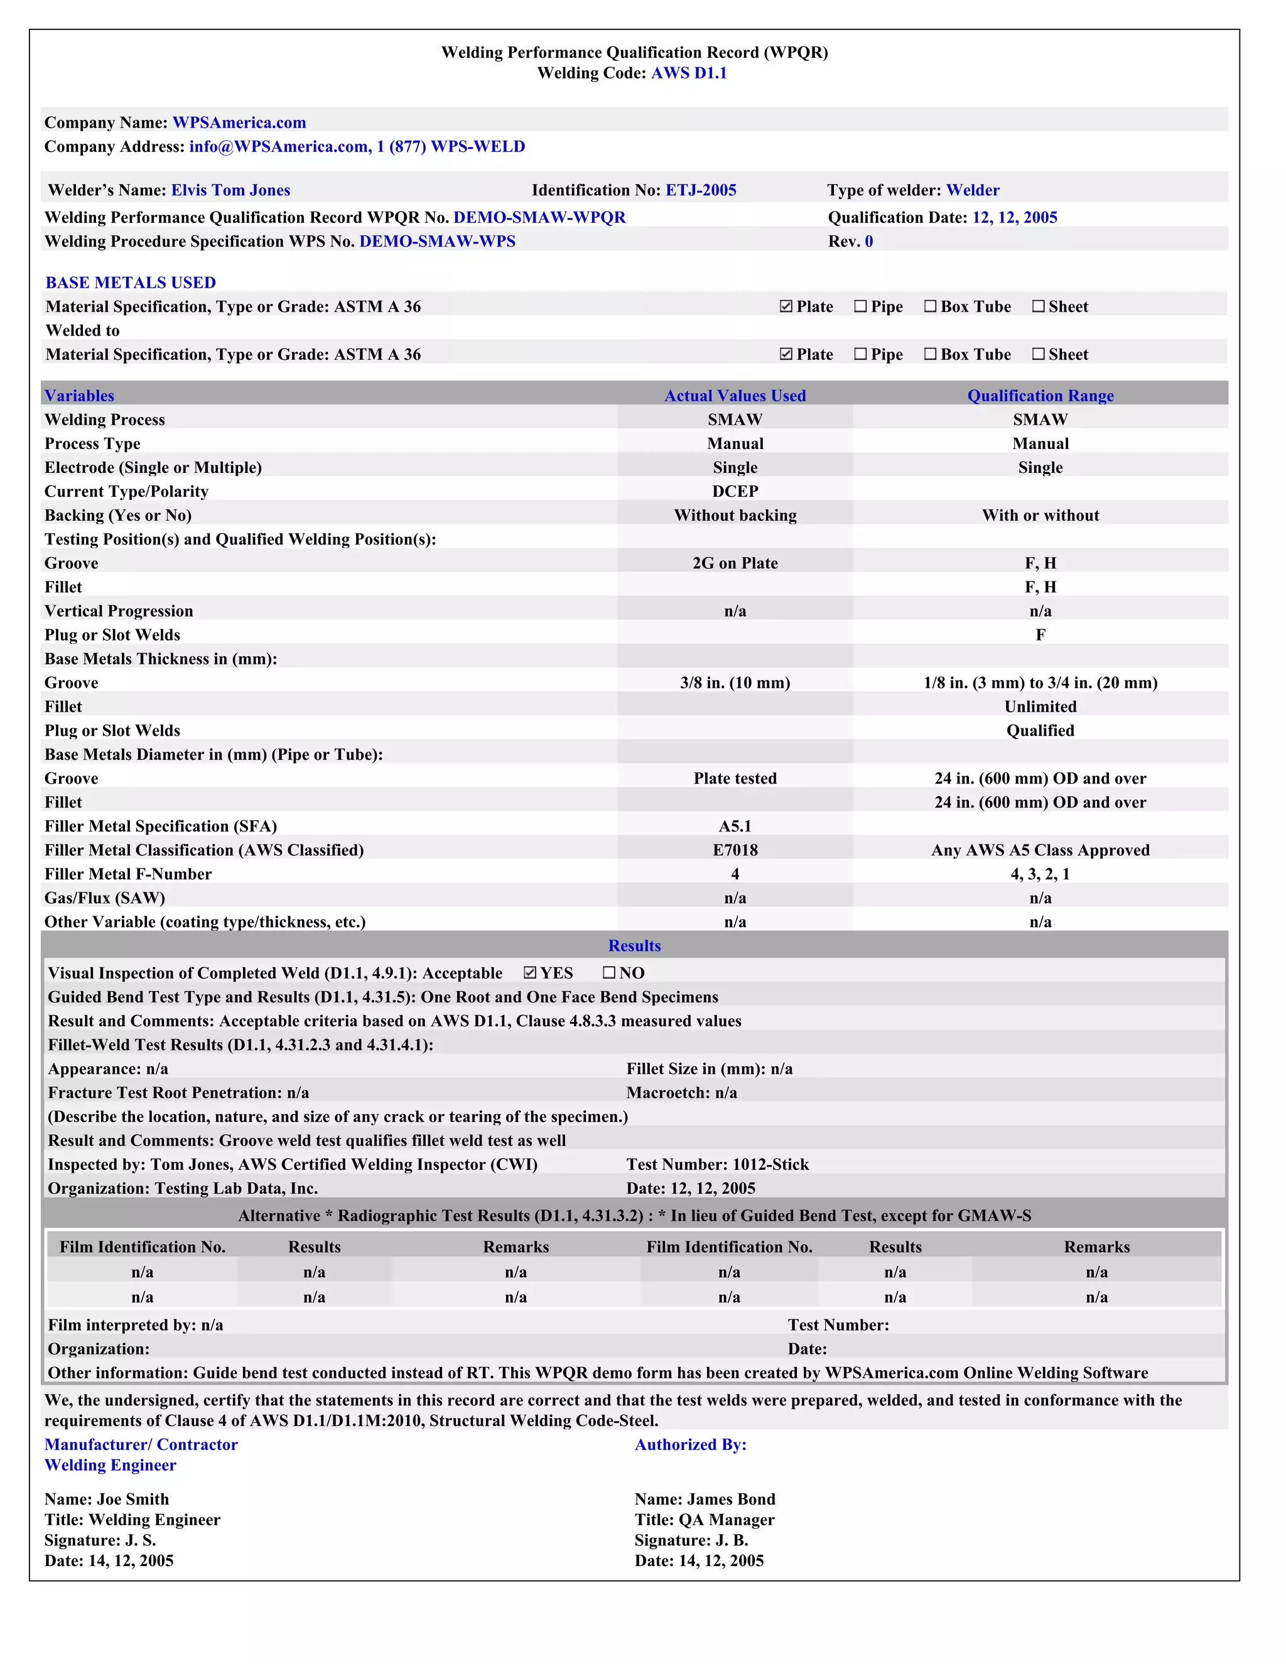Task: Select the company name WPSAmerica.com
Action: click(239, 122)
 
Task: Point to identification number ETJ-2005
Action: click(700, 190)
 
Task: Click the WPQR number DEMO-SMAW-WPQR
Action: click(539, 218)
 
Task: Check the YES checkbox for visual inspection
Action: click(530, 973)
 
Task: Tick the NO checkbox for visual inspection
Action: click(608, 973)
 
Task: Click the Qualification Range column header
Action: click(1040, 396)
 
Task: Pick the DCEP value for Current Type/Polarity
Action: click(735, 492)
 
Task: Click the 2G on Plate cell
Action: click(735, 563)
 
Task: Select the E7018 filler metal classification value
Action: click(735, 850)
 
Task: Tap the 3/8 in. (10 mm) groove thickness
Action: click(735, 683)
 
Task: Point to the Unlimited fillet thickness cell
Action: click(1040, 707)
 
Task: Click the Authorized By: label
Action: click(690, 1445)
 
